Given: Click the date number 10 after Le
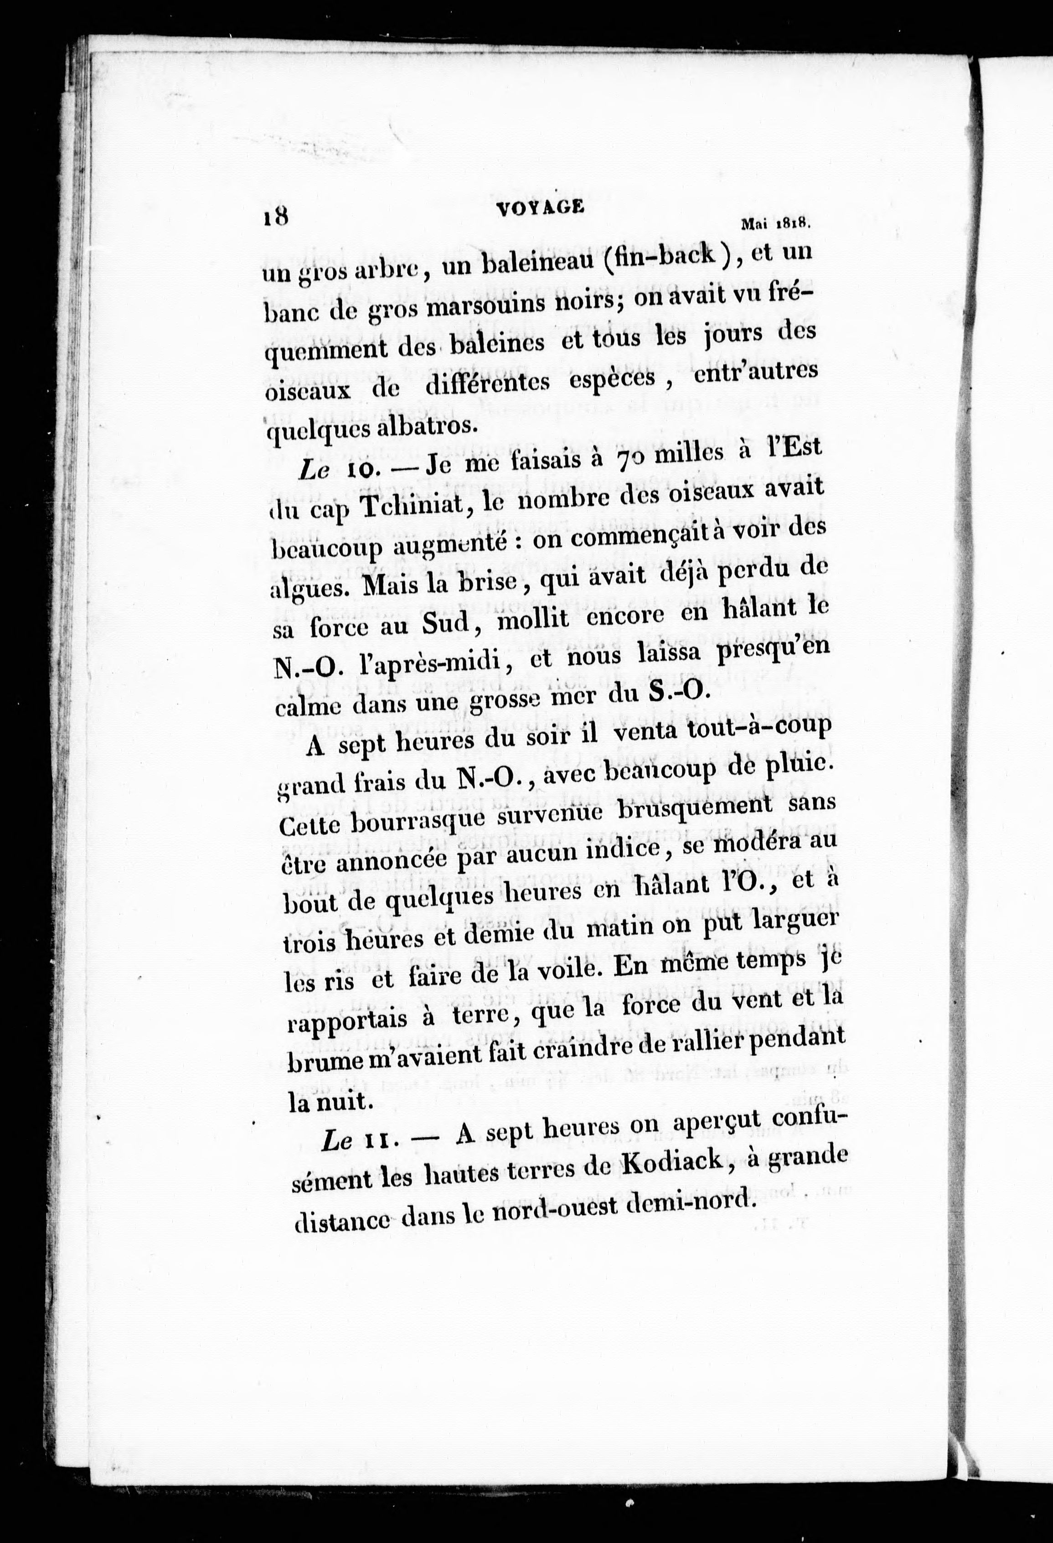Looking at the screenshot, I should pyautogui.click(x=362, y=470).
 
